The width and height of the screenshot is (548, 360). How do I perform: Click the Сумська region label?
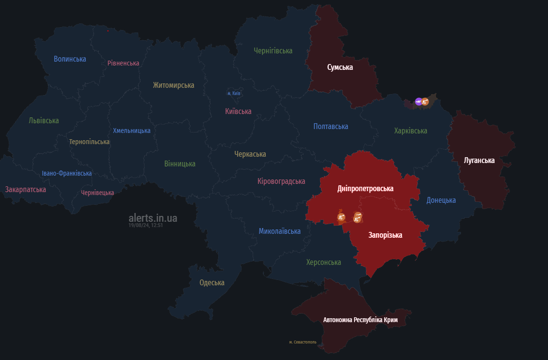340,67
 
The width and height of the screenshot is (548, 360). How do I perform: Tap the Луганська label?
479,161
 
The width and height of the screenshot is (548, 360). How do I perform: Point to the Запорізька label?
385,235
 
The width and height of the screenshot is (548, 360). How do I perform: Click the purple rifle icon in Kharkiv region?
419,101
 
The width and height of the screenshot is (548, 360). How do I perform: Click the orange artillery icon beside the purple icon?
425,101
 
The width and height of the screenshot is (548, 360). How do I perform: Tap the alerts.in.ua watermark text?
153,218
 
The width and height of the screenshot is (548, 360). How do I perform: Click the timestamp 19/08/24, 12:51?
145,226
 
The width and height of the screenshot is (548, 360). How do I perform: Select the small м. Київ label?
234,93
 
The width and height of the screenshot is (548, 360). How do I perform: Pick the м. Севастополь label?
303,342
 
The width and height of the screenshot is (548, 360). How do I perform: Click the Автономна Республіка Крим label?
360,320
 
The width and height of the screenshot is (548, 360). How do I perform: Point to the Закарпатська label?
26,190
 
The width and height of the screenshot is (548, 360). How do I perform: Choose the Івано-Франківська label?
66,174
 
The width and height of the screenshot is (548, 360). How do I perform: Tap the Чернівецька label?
97,193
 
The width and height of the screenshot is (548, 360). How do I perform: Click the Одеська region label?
212,283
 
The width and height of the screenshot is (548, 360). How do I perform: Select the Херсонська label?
323,262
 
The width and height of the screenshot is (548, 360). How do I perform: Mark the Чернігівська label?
273,50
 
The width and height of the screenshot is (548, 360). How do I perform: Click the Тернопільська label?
89,142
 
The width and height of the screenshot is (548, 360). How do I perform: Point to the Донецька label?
441,200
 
